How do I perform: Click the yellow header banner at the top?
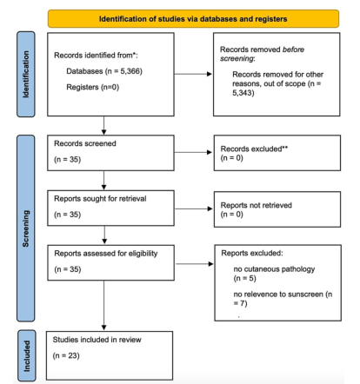click(193, 19)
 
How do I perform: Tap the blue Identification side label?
click(26, 74)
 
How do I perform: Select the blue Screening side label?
click(26, 228)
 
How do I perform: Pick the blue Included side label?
click(27, 355)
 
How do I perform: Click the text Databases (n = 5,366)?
click(104, 71)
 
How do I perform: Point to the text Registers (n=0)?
click(93, 87)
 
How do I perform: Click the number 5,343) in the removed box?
click(243, 93)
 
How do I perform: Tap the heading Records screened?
click(85, 143)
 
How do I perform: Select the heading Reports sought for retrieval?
click(100, 199)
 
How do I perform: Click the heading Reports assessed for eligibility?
click(106, 254)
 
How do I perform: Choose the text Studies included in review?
click(97, 340)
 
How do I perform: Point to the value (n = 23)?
click(66, 355)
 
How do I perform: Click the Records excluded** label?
click(254, 149)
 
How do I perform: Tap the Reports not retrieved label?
click(257, 205)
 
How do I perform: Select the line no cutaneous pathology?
click(274, 269)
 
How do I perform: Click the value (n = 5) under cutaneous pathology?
click(245, 279)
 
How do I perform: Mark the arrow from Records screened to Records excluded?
click(193, 152)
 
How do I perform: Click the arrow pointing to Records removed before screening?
click(193, 74)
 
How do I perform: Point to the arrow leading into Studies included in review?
click(104, 305)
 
